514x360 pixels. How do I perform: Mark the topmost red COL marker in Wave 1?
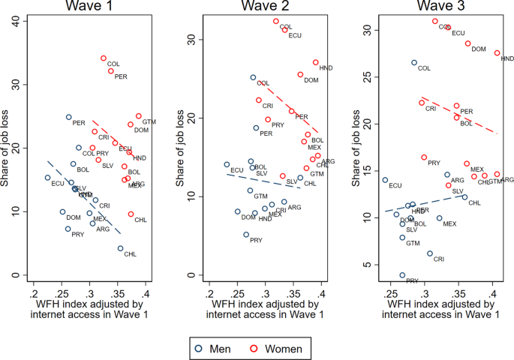[104, 58]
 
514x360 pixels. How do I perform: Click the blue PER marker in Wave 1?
[68, 117]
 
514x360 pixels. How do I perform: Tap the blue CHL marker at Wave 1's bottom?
[120, 248]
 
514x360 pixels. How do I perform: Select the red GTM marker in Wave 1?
[139, 116]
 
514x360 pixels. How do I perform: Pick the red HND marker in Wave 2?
[316, 62]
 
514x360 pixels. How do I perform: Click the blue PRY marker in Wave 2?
[245, 235]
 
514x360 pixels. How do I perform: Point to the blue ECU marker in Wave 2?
[227, 164]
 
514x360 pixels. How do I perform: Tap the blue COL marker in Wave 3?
[413, 62]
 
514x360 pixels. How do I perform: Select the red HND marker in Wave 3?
[497, 52]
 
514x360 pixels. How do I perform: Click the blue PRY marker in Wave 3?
[402, 275]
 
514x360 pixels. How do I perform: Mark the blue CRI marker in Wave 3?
[430, 253]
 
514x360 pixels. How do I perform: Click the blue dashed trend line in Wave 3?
[424, 204]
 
